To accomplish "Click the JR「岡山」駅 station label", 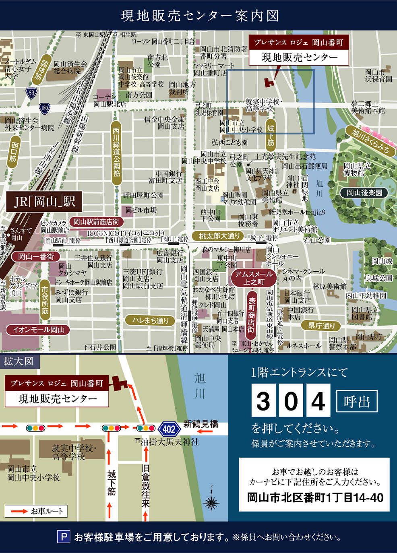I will [45, 201].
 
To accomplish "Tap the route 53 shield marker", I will [31, 93].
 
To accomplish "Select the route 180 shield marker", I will [44, 108].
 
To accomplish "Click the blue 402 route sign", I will [169, 429].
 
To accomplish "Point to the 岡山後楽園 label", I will [364, 193].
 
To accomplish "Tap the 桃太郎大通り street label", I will [219, 236].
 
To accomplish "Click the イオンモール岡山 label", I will [38, 330].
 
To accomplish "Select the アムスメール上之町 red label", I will [254, 278].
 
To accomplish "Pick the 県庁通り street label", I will [321, 325].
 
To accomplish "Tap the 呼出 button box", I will [356, 401].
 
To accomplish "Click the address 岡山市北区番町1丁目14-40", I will [315, 497].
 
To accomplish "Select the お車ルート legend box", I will [36, 511].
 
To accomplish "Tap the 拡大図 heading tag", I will [19, 361].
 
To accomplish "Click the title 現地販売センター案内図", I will [200, 16].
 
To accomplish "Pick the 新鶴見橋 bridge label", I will [201, 424].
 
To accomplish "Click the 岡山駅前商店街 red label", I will [96, 222].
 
